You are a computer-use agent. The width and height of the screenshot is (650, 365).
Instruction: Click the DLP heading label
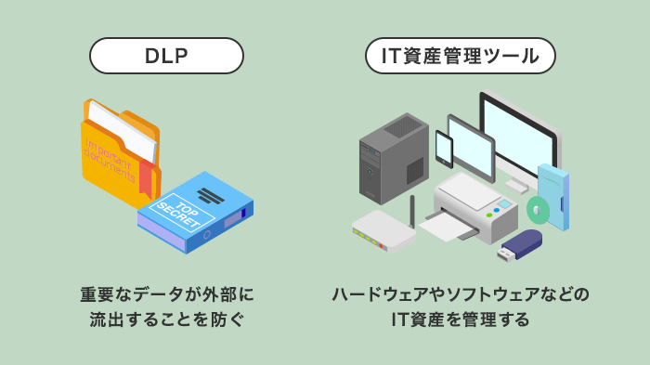(166, 56)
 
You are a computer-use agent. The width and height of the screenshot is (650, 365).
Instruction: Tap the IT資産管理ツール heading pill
(460, 56)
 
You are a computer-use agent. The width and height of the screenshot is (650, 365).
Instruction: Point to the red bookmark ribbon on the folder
(146, 177)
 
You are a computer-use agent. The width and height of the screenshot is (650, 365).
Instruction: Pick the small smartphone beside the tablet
(444, 149)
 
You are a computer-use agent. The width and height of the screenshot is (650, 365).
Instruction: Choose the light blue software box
(554, 195)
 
